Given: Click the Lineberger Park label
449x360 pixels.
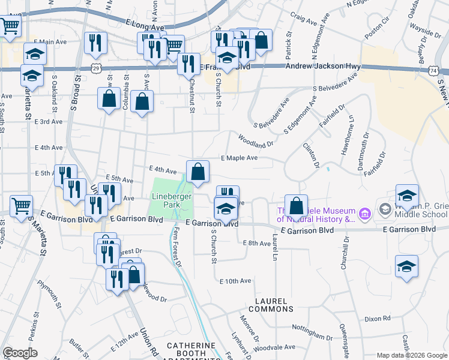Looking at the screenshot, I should tap(171, 200).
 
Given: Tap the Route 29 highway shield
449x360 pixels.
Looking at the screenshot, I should tap(96, 69).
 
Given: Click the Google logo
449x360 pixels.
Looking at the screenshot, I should tap(20, 353).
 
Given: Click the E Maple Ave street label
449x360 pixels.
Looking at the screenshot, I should tap(239, 158).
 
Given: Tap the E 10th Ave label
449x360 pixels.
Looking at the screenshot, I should tap(235, 281).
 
